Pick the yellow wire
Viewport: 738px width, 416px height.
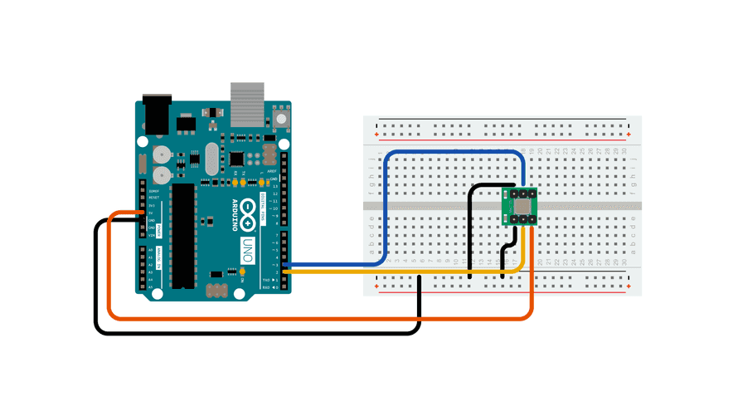pos(398,272)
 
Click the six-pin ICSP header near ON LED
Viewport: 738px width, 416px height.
pos(216,290)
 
